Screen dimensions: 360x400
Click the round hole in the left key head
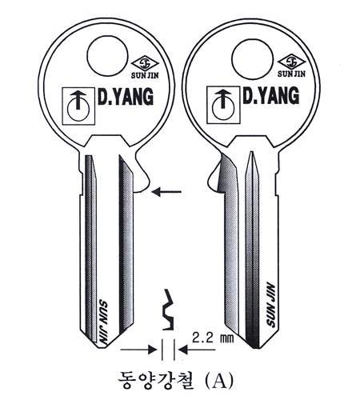click(x=107, y=56)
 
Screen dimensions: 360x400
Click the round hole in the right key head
click(x=252, y=59)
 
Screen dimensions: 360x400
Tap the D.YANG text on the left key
click(x=126, y=96)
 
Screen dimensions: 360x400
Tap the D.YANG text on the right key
click(x=271, y=95)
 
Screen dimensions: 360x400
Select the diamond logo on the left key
click(x=145, y=63)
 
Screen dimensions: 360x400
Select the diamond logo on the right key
click(x=291, y=62)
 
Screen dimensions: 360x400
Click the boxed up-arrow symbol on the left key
click(x=78, y=106)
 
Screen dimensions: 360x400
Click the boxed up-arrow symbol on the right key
click(x=224, y=105)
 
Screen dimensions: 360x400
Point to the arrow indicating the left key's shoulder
click(x=166, y=191)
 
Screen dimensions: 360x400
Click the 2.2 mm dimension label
click(x=213, y=338)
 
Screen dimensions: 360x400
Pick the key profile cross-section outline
click(x=168, y=310)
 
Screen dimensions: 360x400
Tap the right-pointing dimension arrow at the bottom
click(x=138, y=350)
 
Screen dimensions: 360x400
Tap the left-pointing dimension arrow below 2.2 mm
click(x=197, y=350)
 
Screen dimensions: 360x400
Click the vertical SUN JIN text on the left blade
click(x=102, y=322)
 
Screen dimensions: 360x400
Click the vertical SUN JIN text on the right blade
click(x=271, y=304)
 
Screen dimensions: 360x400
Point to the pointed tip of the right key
click(x=256, y=349)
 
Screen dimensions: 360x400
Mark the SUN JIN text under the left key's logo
click(x=145, y=75)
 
